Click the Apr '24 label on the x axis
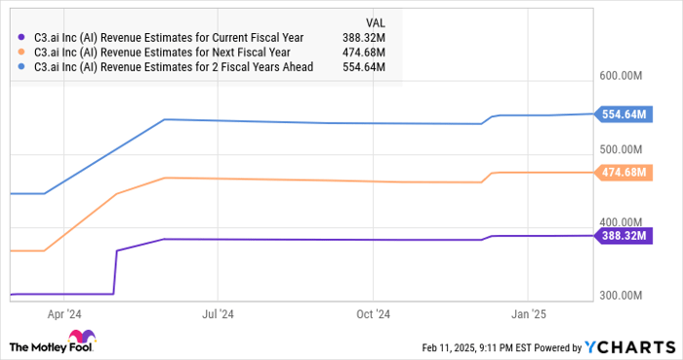click(x=63, y=314)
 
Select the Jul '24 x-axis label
click(x=218, y=314)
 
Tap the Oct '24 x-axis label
click(x=373, y=314)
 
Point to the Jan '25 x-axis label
click(x=528, y=314)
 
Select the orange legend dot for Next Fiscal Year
click(x=22, y=53)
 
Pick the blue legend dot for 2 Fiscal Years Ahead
click(x=22, y=67)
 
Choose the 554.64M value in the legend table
click(x=364, y=67)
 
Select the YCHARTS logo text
click(x=628, y=346)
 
